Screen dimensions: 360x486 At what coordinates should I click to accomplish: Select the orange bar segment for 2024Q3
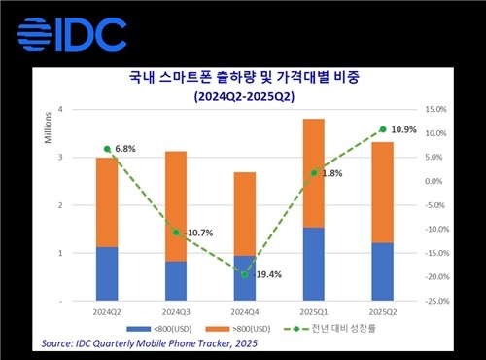point(176,205)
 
